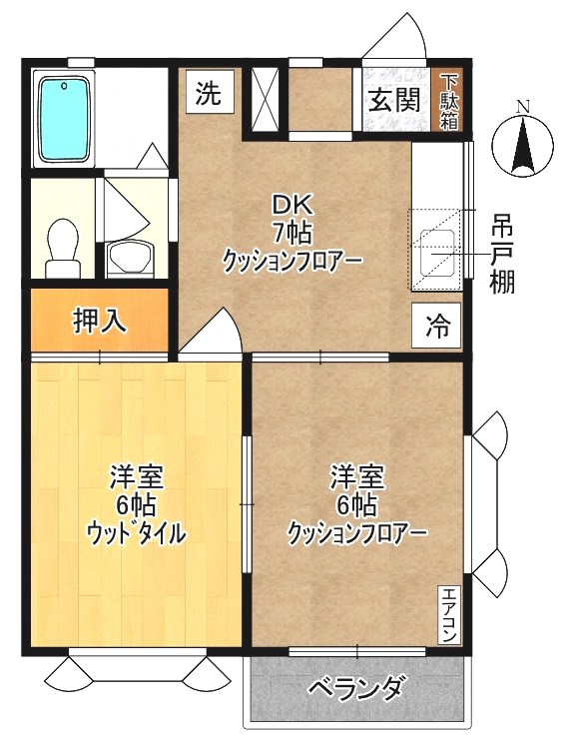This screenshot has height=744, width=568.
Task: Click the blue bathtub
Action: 65,120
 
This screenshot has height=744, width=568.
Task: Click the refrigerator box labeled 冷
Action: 437,325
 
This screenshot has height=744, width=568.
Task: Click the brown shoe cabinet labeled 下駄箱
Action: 449,100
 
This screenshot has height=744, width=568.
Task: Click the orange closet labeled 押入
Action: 98,321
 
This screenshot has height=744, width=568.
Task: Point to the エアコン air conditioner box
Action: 450,615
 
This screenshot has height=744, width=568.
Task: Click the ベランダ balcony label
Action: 356,688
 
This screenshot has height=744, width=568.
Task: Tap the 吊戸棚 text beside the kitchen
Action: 501,255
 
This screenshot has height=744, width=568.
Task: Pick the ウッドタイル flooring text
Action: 136,533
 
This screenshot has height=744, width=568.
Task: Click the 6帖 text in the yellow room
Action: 137,504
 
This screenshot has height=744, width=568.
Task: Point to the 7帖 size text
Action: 293,234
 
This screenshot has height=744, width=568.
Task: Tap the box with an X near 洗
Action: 265,97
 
